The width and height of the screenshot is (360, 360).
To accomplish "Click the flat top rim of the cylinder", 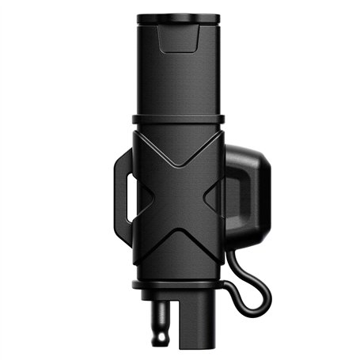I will [x=179, y=18].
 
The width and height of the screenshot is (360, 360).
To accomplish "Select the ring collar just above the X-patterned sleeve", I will [x=179, y=120].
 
